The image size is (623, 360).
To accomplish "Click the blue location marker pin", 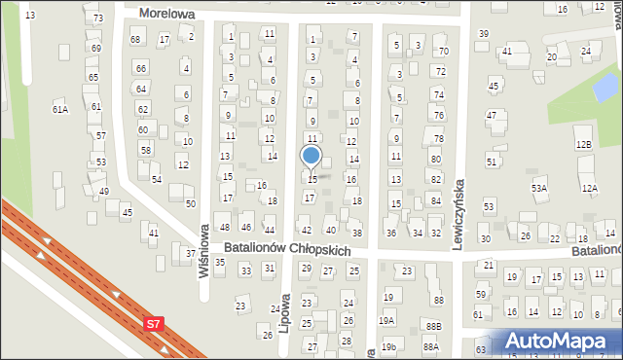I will (x=311, y=156).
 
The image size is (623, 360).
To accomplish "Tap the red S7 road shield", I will (x=154, y=324).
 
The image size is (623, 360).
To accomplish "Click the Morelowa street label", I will (x=167, y=14).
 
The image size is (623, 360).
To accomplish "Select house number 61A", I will (x=60, y=110).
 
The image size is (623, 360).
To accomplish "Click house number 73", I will (x=98, y=18).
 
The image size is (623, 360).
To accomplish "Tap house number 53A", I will (x=538, y=187).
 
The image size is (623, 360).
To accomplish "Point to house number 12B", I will (x=583, y=144).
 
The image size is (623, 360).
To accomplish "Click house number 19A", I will (x=387, y=320).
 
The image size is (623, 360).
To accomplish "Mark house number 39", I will (x=484, y=34).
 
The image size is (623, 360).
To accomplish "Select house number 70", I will (x=443, y=51).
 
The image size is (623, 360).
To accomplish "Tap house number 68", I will (x=135, y=39).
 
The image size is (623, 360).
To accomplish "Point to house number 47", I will (x=492, y=115).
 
